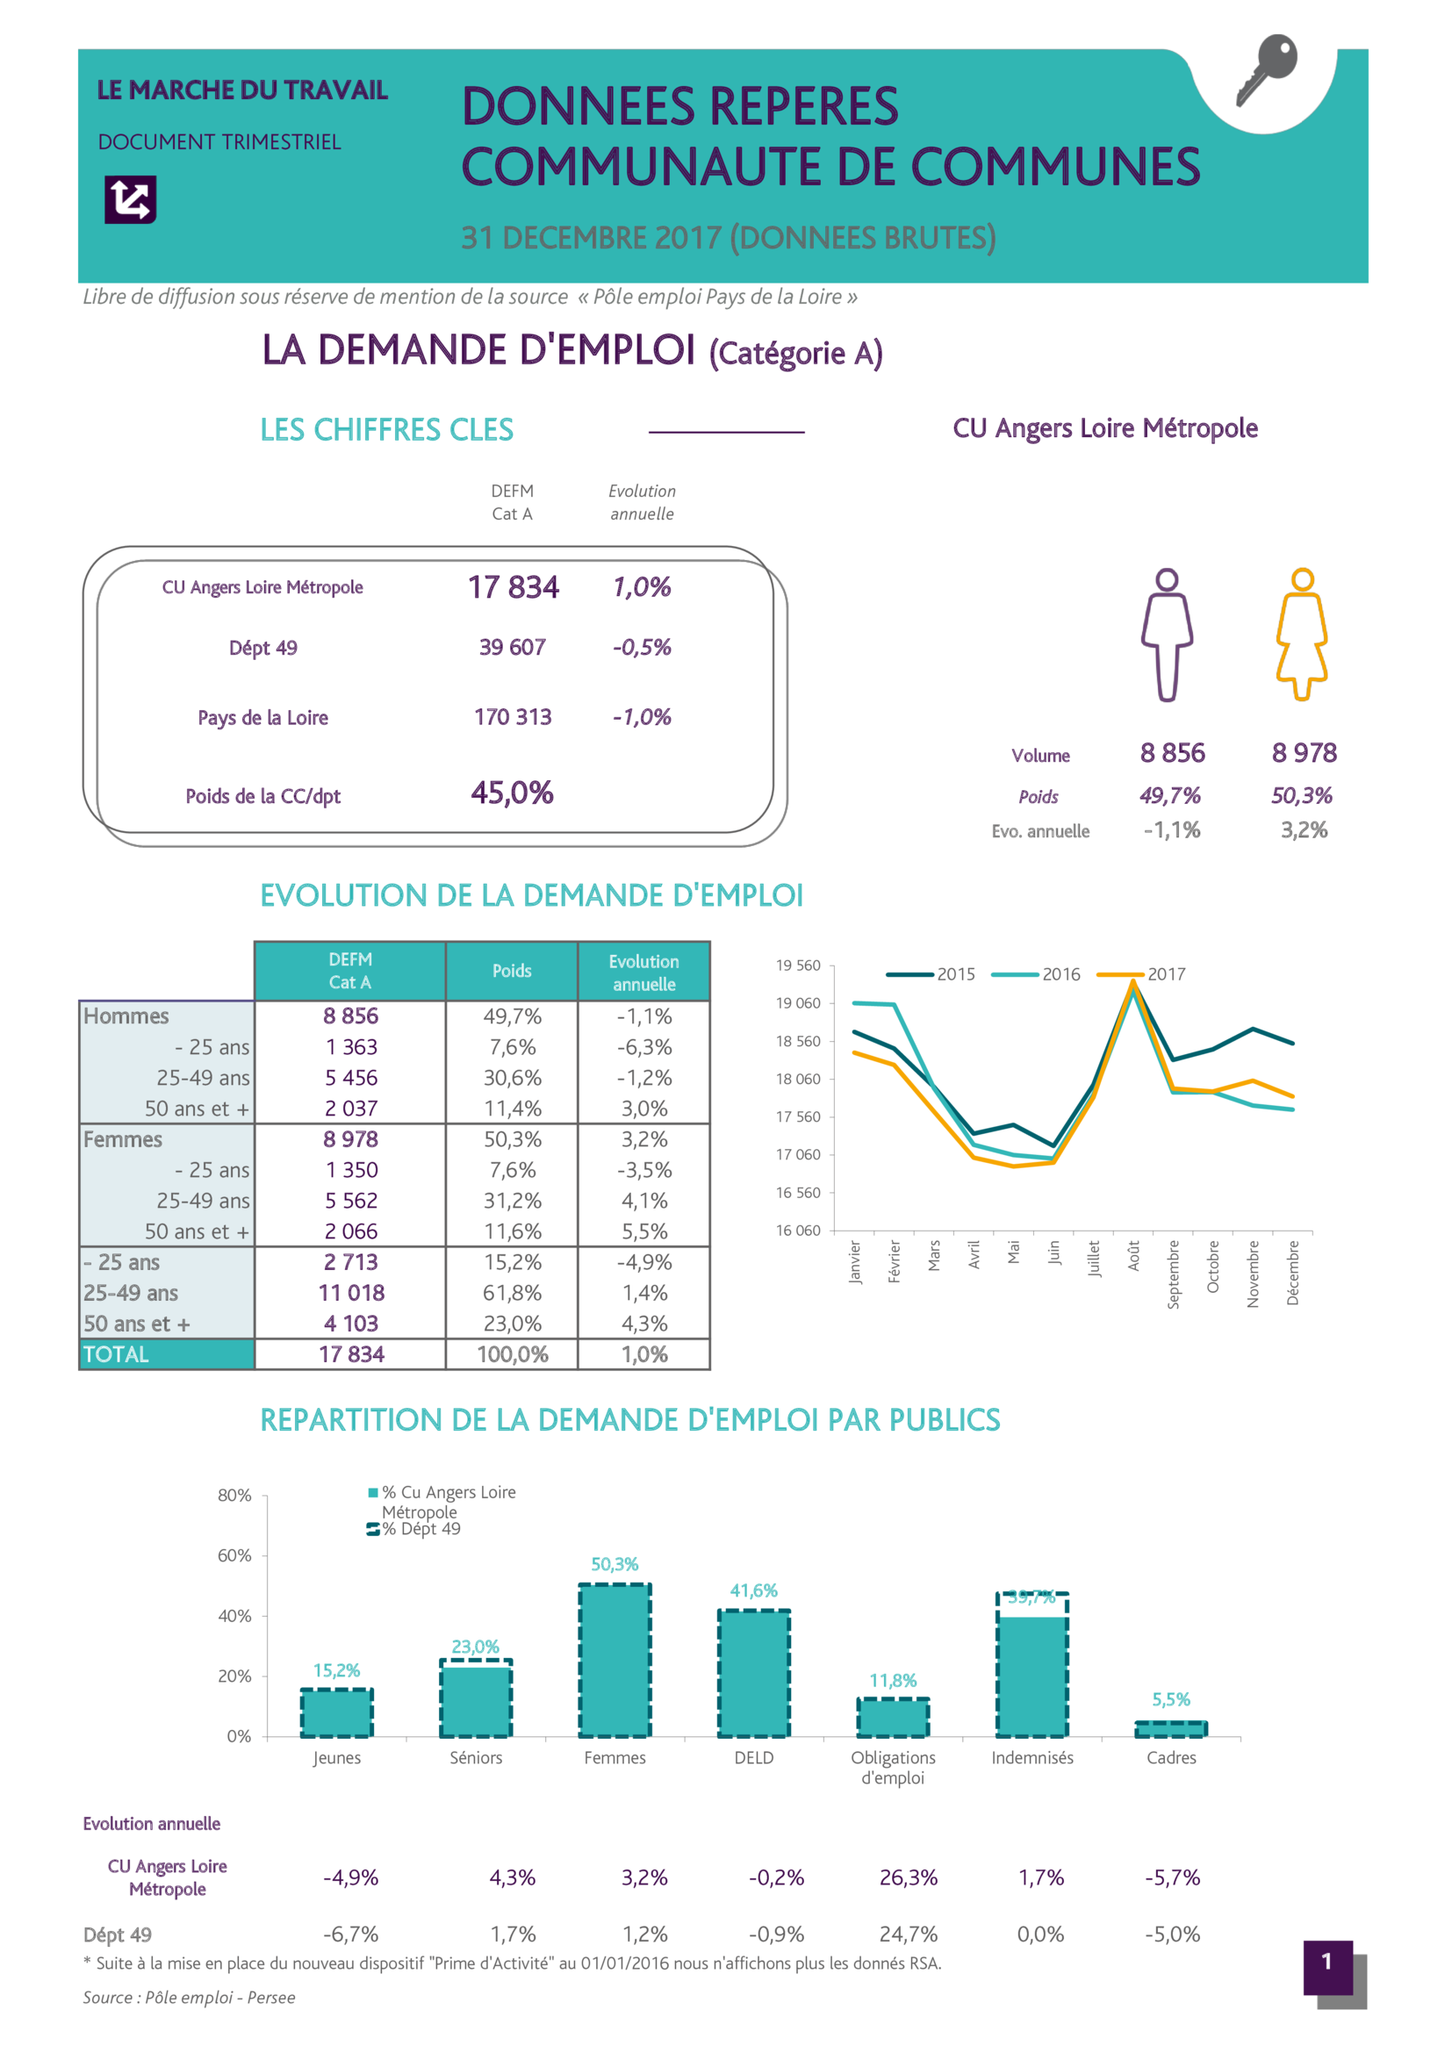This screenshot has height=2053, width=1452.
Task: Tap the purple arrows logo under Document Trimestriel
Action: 131,198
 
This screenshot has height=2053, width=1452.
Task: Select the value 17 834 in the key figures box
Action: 514,587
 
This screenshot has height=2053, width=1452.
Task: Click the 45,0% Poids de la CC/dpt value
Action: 513,793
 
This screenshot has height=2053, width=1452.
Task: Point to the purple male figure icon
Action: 1167,635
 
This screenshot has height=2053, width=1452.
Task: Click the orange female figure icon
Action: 1302,635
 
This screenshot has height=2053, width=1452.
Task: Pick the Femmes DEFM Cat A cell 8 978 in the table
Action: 350,1139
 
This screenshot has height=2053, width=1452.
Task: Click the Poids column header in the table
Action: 512,971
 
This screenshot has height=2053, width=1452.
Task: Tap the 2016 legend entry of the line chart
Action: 1037,973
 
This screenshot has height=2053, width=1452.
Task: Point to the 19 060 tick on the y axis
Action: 797,1003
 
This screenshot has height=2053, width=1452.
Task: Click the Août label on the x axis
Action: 1133,1255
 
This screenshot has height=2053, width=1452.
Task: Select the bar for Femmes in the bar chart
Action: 615,1661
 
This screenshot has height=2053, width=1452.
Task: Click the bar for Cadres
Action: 1171,1728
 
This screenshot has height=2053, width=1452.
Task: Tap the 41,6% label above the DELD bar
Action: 754,1590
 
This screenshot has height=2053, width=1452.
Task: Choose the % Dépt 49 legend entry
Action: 415,1529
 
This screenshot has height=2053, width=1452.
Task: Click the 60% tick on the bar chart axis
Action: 234,1556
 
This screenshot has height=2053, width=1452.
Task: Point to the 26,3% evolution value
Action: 909,1877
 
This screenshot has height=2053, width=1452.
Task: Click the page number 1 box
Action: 1326,1962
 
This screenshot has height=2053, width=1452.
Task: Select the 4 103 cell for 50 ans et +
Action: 350,1324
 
